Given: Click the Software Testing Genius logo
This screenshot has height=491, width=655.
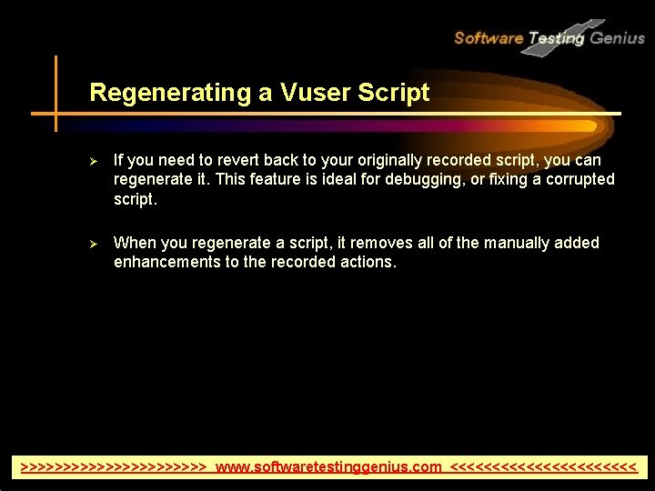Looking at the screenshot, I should click(x=549, y=37).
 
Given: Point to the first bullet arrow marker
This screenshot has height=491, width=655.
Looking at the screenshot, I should click(x=92, y=161).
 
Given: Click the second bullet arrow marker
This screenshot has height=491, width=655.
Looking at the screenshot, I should click(x=92, y=243).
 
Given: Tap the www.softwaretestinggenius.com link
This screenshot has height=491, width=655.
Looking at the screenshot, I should click(x=328, y=467).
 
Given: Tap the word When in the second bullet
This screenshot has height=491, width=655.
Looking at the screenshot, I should click(x=135, y=243).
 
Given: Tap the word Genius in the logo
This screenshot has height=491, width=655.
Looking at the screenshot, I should click(x=617, y=37).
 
